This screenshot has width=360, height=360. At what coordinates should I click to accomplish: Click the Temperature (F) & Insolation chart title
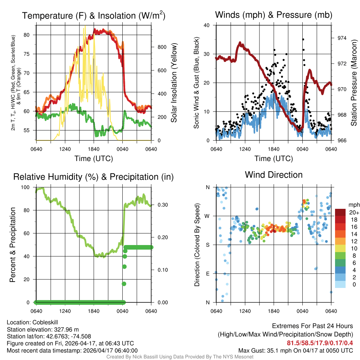point(94,16)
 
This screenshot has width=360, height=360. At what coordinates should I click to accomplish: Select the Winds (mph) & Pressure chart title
point(274,15)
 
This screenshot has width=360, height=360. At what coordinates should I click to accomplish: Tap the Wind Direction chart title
point(274,175)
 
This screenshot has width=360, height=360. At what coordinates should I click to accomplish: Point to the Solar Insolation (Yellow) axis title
point(174,83)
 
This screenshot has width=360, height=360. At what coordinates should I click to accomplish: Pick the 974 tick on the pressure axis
point(342,38)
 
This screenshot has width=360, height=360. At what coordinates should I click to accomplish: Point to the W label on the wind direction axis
point(207,216)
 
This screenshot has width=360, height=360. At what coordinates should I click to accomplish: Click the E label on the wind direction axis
point(207,274)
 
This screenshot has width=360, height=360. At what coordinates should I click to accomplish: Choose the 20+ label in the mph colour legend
point(354,212)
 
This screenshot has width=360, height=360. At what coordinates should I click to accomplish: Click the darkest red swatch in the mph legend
point(340,212)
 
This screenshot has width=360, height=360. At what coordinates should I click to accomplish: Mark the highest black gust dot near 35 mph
point(303,39)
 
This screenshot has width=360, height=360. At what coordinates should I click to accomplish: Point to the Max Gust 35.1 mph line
point(295,351)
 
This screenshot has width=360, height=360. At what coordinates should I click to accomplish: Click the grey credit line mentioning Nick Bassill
point(180,357)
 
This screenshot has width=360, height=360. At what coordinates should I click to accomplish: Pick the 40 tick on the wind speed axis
point(207,25)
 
